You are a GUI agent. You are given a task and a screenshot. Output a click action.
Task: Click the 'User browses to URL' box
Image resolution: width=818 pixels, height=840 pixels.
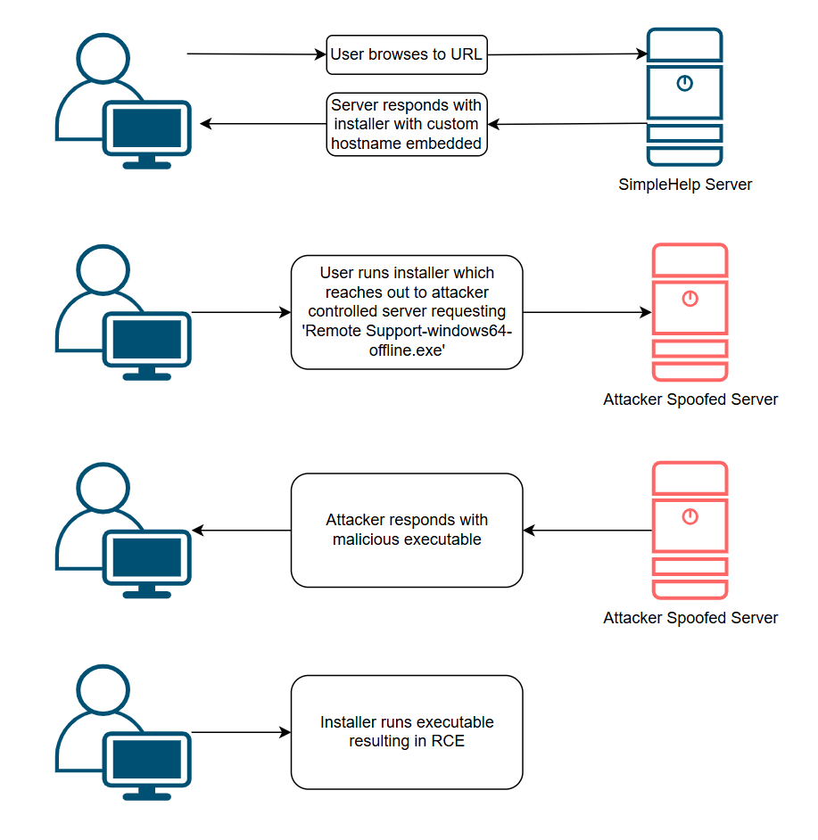(407, 54)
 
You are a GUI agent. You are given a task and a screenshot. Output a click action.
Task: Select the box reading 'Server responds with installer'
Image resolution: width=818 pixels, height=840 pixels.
(407, 124)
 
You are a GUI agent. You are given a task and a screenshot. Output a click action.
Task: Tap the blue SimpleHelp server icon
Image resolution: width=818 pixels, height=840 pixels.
(684, 96)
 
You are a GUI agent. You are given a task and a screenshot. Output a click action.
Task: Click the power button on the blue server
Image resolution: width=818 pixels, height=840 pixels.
(684, 84)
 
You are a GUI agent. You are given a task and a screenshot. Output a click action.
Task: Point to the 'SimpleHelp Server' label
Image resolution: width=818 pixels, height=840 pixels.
(685, 185)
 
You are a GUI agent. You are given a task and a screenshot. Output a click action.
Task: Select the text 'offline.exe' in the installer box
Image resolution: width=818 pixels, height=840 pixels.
(406, 351)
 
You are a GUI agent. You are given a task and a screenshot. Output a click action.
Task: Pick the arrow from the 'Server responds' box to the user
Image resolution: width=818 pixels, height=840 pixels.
(263, 124)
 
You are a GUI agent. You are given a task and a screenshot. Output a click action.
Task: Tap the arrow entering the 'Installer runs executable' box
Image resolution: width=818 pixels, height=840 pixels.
(241, 733)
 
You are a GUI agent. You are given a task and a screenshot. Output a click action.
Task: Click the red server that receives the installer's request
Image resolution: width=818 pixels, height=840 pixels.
(690, 312)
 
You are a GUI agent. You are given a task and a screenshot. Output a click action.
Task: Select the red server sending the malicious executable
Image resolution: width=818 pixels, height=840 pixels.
(690, 531)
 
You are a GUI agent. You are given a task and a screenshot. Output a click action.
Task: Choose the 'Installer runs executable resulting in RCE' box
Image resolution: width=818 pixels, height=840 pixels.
(407, 732)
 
